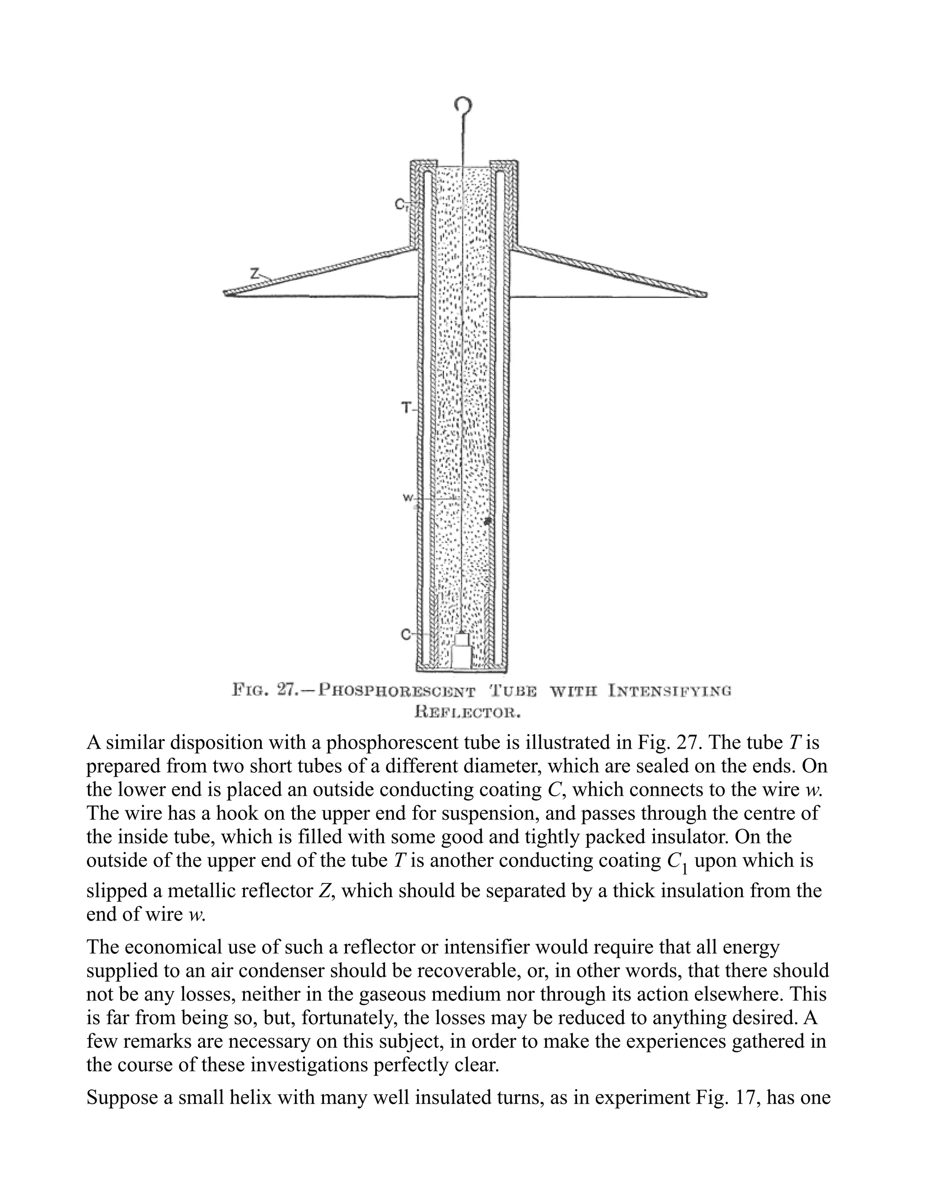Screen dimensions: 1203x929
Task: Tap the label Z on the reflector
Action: pos(254,272)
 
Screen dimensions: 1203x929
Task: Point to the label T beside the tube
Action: pos(406,408)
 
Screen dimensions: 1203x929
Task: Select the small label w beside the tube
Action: pos(408,498)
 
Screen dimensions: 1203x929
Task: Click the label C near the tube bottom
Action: pos(405,635)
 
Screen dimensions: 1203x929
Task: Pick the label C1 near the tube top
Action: pos(400,205)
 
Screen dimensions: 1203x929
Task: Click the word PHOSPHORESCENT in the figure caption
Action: pos(397,690)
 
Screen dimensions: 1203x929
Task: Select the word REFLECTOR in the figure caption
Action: pos(467,713)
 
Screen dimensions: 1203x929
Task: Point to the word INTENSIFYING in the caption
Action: pos(670,690)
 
